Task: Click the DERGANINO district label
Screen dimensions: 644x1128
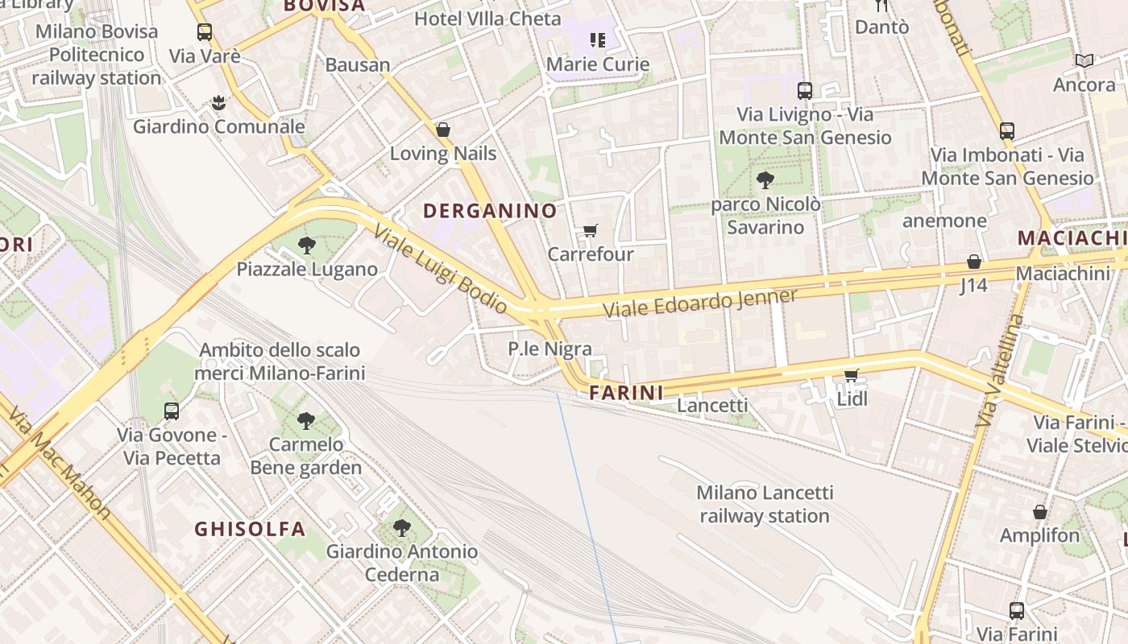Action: [x=490, y=211]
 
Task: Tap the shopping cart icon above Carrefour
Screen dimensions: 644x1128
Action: [x=590, y=231]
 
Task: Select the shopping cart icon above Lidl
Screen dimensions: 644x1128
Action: [x=852, y=374]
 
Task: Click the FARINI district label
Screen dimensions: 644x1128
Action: [x=626, y=393]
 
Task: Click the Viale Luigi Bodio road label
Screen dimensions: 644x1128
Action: [x=440, y=268]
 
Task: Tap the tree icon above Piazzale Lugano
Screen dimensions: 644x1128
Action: [x=306, y=245]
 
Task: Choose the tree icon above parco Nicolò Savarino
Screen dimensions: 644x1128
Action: [x=765, y=180]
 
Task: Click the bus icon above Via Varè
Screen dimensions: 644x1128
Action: [x=205, y=32]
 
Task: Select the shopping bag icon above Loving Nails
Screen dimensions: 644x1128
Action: [x=442, y=130]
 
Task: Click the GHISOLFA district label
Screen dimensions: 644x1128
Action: [x=250, y=529]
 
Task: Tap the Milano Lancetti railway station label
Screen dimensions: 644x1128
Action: [x=765, y=504]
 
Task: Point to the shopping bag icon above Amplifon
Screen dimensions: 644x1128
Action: [x=1040, y=512]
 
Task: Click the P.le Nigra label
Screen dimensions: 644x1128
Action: [x=549, y=349]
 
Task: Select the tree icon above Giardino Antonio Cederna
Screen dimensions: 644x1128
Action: [x=401, y=528]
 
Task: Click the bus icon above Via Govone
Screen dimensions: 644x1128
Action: [x=172, y=411]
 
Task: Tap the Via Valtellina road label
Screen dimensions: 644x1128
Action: [x=999, y=371]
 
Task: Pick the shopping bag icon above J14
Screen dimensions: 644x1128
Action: [x=974, y=262]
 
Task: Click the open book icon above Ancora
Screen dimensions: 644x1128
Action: [x=1084, y=60]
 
